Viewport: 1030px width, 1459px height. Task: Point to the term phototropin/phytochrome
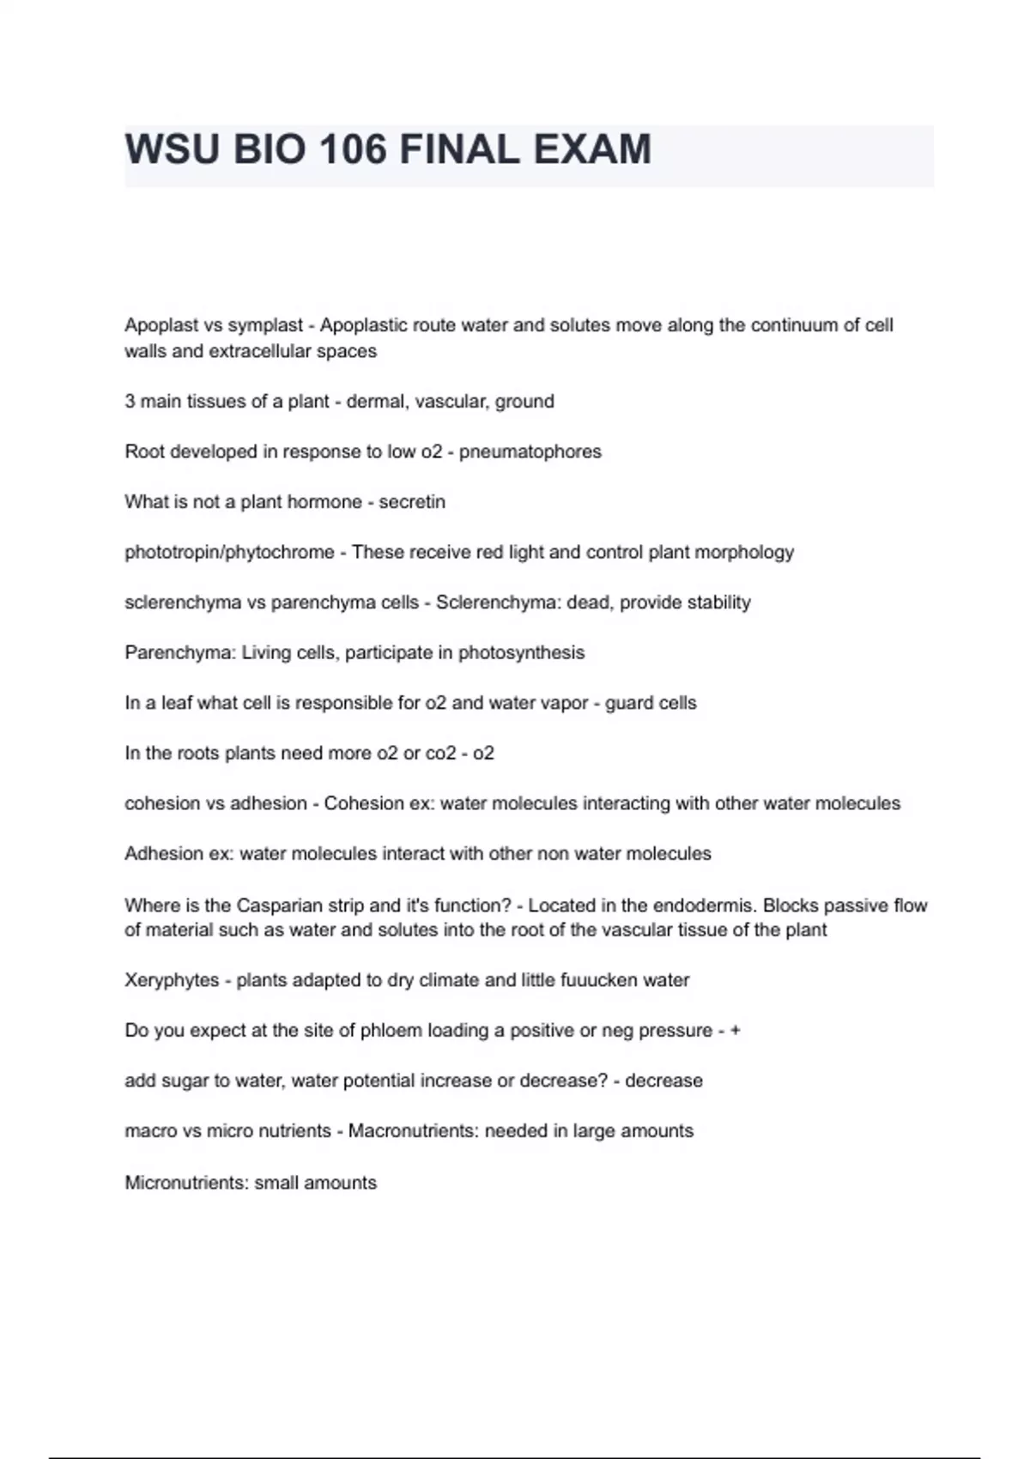(229, 553)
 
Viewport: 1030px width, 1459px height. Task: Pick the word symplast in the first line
(265, 326)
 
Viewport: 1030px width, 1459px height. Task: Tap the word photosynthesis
(521, 653)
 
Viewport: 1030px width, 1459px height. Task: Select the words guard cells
(651, 704)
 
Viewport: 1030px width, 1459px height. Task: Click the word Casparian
(278, 905)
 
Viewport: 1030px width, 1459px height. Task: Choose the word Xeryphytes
(172, 981)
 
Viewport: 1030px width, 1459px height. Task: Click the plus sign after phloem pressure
(735, 1031)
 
